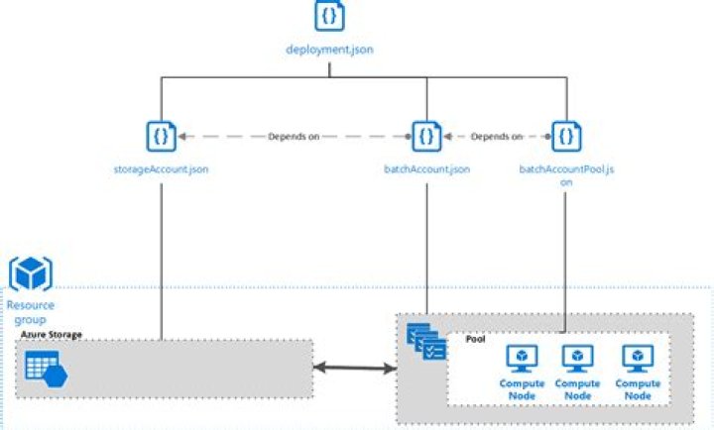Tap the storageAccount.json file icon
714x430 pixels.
coord(160,135)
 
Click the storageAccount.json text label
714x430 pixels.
coord(161,169)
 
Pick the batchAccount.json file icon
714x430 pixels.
coord(426,135)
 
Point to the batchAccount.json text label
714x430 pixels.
coord(426,169)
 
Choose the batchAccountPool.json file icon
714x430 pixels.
coord(566,135)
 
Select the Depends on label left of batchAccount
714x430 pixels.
coord(294,136)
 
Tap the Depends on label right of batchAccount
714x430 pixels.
coord(497,136)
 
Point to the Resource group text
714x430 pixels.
coord(31,312)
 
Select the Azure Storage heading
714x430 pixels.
coord(51,335)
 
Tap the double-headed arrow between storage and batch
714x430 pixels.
coord(354,369)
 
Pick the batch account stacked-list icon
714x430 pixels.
coord(427,341)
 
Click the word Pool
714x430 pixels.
coord(475,339)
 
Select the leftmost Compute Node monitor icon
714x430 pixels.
coord(522,358)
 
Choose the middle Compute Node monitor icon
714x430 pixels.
coord(577,358)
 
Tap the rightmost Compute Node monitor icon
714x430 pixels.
coord(637,358)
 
